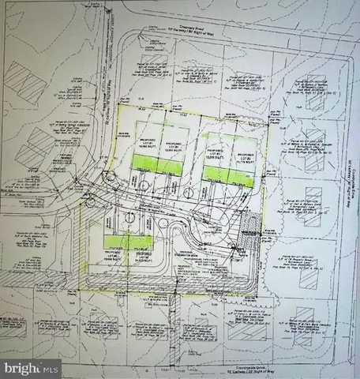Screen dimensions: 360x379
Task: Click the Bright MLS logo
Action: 32,367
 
